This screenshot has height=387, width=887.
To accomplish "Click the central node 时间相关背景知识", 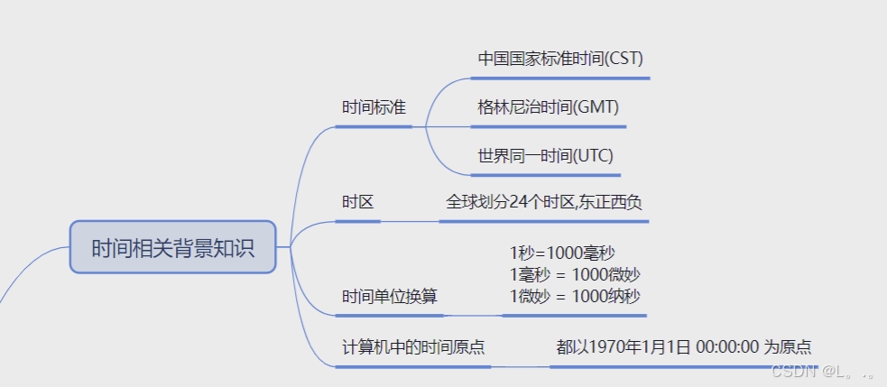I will (172, 247).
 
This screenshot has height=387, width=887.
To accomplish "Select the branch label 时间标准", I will (374, 107).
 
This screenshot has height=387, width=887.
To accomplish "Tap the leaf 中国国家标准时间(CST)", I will (560, 59).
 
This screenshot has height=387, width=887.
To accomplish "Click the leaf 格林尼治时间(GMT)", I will (549, 107).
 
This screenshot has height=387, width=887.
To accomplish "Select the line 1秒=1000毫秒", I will (562, 253).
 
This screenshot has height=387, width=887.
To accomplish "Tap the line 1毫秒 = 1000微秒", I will (575, 274).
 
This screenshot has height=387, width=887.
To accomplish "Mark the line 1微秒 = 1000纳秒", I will (575, 296).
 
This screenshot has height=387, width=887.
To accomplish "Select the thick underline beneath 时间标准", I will (374, 126).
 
